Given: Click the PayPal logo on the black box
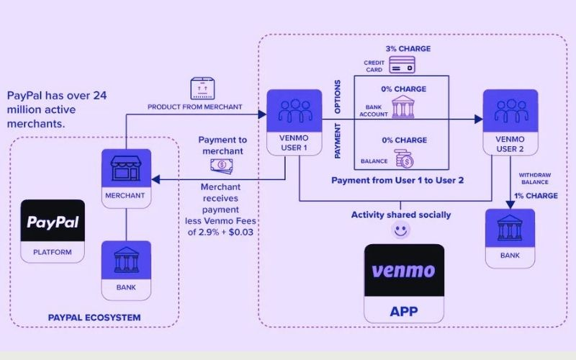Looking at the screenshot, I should point(52,222).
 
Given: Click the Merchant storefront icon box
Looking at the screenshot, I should point(126,176).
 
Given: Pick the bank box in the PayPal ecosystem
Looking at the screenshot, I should point(126,266).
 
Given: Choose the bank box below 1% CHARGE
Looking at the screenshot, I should point(510,235).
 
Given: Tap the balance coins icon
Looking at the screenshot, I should point(402,156).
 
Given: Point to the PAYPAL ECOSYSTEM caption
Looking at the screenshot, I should point(94,317).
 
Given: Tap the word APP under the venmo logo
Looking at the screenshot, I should point(402,313).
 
